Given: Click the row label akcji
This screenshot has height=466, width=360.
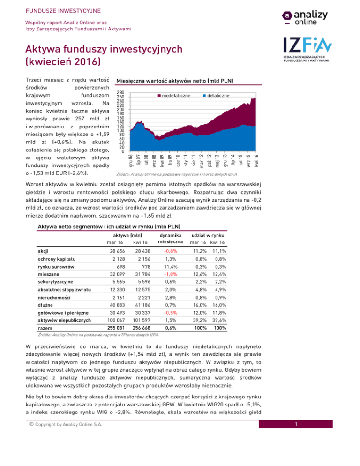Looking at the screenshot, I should coord(44,250).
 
